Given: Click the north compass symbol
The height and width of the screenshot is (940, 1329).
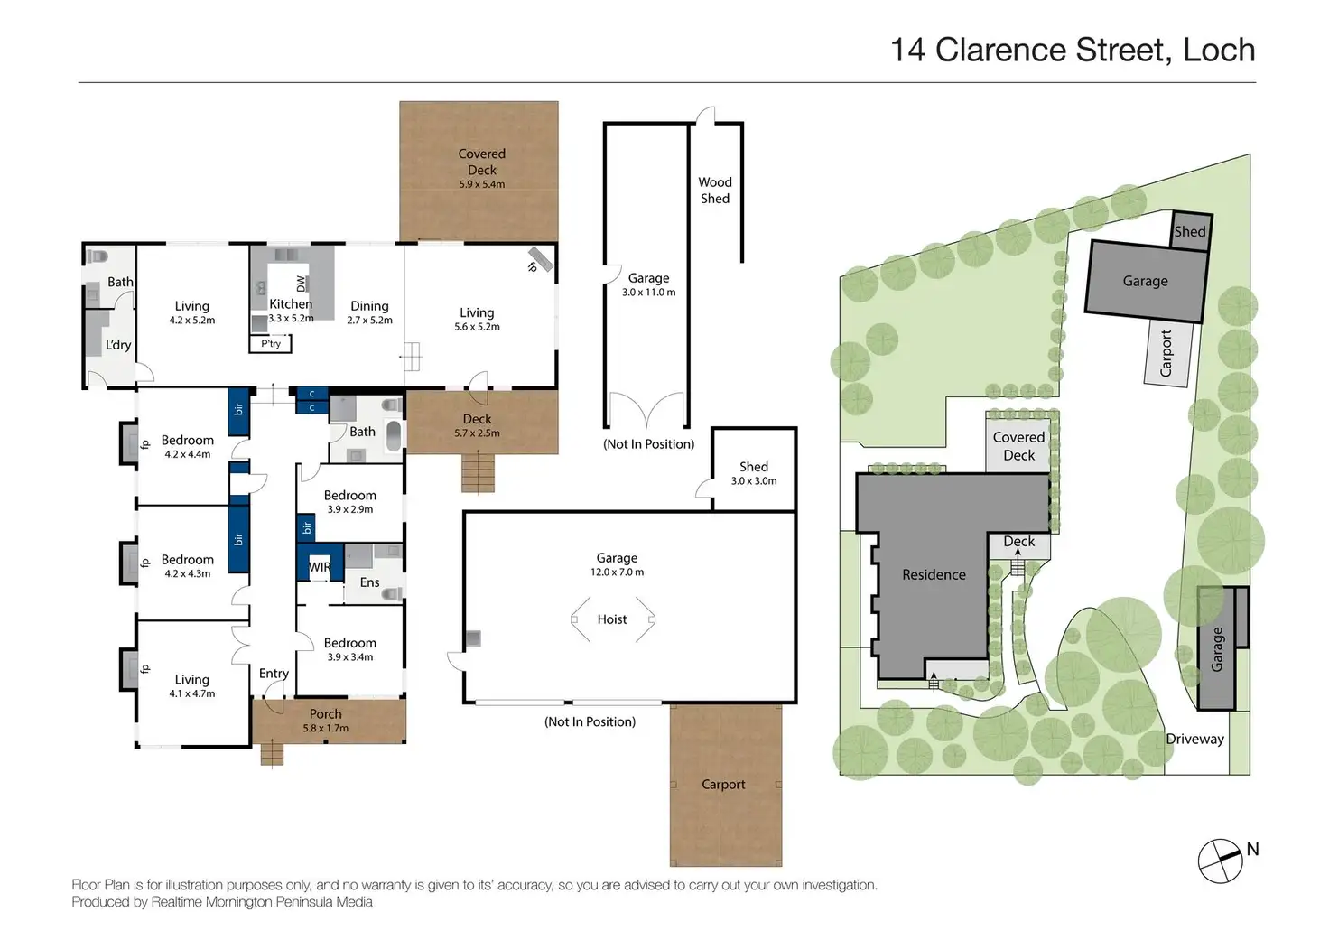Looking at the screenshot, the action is (x=1220, y=861).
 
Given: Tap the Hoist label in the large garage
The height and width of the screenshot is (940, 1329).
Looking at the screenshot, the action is (x=612, y=619).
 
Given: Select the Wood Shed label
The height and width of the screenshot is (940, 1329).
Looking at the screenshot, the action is (x=715, y=191).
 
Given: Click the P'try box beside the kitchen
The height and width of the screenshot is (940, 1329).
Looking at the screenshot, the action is (x=271, y=344).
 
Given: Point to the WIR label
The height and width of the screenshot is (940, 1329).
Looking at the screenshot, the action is (x=320, y=567).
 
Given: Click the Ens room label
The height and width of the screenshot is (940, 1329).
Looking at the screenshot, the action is (x=369, y=582).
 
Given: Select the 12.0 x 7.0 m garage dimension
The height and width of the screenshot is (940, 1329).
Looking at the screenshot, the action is (x=617, y=572).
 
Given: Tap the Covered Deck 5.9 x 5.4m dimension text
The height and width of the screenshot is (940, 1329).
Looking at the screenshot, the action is (x=482, y=184).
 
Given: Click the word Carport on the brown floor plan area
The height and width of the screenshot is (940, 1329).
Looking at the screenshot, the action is (x=723, y=785).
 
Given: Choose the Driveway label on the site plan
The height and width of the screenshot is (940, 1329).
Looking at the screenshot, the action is (x=1194, y=739).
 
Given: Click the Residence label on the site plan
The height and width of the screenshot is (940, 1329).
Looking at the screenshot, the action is (x=934, y=574).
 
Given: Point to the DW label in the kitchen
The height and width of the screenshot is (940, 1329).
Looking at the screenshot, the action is (x=301, y=284).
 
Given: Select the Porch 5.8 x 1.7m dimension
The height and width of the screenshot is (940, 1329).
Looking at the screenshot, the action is (x=326, y=728).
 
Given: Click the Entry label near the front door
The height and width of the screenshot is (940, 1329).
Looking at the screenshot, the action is (x=274, y=674).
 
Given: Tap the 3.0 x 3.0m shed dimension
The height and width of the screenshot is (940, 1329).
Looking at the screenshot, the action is (x=754, y=481).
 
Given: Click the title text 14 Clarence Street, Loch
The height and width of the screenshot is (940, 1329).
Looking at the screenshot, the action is (x=1073, y=50).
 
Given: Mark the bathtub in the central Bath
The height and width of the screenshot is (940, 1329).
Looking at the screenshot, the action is (x=394, y=436).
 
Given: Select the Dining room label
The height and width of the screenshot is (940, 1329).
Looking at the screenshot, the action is (x=369, y=306).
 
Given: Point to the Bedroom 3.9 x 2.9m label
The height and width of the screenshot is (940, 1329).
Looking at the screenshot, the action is (x=350, y=501).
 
